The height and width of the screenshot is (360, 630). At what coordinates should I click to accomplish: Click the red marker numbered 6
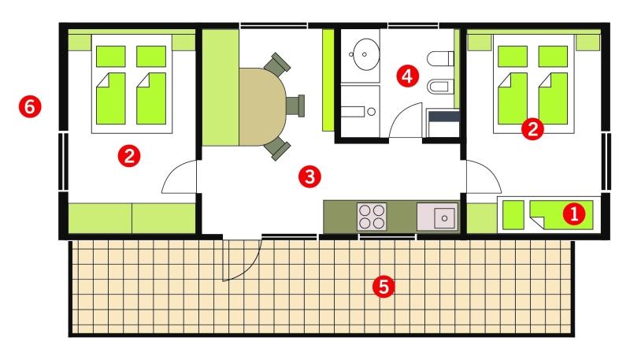tap(30, 107)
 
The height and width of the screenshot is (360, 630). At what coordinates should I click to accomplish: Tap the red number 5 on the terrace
tap(384, 287)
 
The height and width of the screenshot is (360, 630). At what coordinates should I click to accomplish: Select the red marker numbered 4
tap(407, 76)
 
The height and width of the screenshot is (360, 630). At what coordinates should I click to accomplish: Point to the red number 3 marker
tap(309, 176)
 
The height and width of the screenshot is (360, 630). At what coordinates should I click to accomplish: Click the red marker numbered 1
tap(574, 213)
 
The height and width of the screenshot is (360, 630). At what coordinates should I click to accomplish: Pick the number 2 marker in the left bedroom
tap(129, 156)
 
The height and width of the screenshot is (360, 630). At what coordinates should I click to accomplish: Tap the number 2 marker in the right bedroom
tap(532, 129)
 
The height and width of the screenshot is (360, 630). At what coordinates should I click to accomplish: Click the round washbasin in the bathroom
tap(365, 54)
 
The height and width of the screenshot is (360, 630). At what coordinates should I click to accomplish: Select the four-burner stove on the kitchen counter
tap(372, 217)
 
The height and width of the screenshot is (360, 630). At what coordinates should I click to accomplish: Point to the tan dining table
tap(263, 106)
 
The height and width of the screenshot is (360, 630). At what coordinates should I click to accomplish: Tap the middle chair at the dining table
tap(296, 106)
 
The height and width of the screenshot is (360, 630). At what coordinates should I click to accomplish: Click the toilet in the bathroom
tap(440, 58)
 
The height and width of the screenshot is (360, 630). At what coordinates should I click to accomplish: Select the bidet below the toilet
tap(440, 87)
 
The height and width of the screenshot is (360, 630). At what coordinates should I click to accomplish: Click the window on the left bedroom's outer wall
tap(63, 161)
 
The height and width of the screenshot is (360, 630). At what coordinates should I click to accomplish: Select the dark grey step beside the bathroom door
tap(444, 117)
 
